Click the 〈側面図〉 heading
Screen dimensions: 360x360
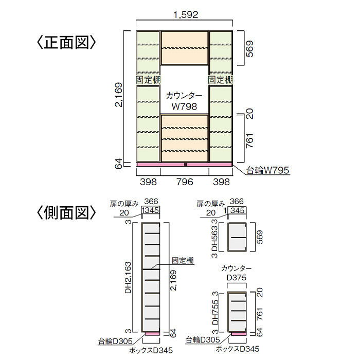[66, 212]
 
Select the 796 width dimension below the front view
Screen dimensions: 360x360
[185, 182]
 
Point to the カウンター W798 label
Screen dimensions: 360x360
[185, 101]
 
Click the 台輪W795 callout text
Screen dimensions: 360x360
[268, 170]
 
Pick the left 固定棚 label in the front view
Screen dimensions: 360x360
[148, 80]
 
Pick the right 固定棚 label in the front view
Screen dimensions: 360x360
[221, 80]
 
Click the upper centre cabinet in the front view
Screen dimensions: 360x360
[185, 48]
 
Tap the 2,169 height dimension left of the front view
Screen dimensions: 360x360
[119, 95]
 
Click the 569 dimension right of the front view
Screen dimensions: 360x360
[250, 49]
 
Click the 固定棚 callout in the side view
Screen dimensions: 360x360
[183, 260]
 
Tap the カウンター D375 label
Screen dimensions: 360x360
[236, 274]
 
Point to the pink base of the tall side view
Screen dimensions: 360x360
[151, 334]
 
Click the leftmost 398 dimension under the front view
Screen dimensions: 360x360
[148, 182]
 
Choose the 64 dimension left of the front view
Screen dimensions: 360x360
[119, 165]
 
